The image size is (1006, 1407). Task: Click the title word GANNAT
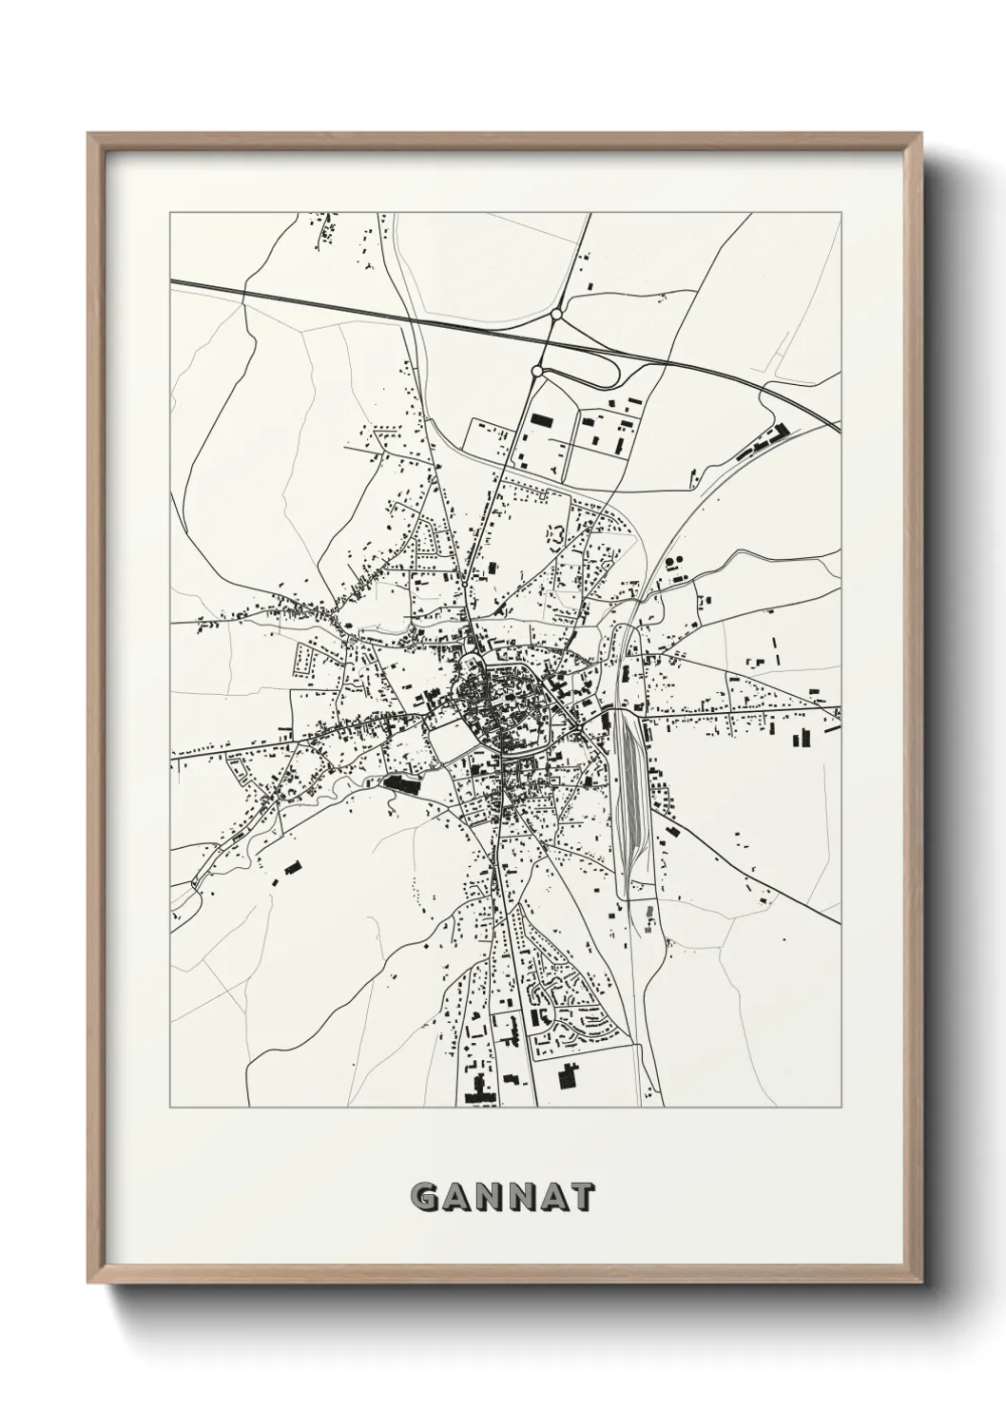(503, 1197)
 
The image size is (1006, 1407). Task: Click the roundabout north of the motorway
(556, 313)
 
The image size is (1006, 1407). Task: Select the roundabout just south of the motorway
(537, 371)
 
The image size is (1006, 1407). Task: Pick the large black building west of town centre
(402, 783)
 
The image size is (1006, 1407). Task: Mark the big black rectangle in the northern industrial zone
(541, 419)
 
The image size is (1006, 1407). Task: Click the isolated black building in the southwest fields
(291, 867)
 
